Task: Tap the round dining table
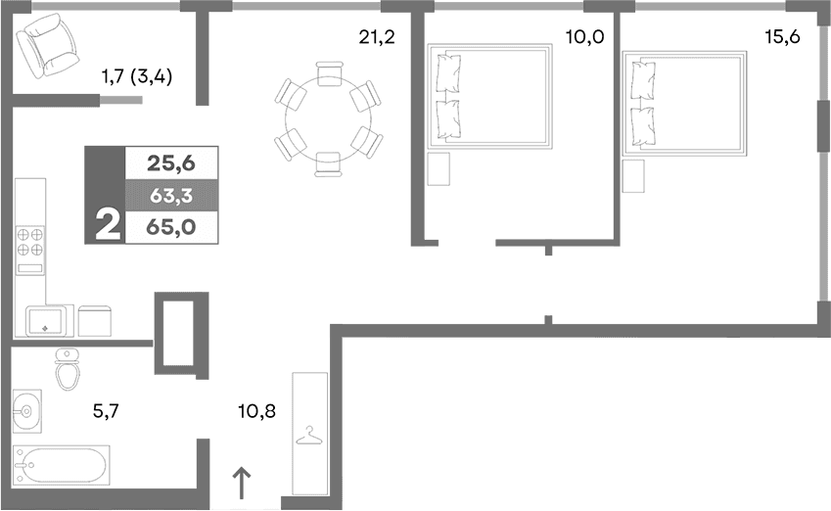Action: click(x=328, y=119)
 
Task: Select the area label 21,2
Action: click(x=377, y=38)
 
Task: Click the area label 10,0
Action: click(x=584, y=38)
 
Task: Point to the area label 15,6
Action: click(x=781, y=38)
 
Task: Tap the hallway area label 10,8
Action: click(x=257, y=411)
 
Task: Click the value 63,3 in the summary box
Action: click(x=169, y=195)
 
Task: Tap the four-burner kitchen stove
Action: click(x=30, y=242)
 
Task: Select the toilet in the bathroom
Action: click(x=68, y=369)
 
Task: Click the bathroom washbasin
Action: click(x=26, y=409)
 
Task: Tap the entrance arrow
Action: click(x=241, y=483)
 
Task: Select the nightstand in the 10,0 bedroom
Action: click(x=439, y=168)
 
